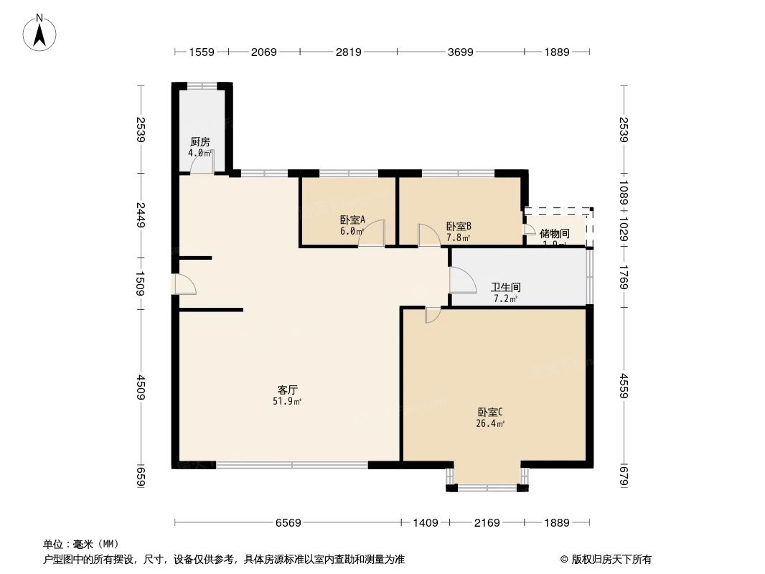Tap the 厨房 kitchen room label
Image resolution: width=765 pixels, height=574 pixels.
click(x=200, y=142)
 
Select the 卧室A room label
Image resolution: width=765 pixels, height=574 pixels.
click(x=352, y=220)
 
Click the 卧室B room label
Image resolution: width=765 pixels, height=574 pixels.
click(x=458, y=225)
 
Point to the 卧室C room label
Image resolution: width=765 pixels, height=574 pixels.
click(x=491, y=413)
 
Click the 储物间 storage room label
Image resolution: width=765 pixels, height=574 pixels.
click(x=554, y=233)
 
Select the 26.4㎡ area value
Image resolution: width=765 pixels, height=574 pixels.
click(x=492, y=424)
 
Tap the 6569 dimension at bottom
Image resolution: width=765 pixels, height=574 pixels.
click(x=288, y=522)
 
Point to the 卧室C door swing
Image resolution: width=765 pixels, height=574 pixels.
click(x=433, y=315)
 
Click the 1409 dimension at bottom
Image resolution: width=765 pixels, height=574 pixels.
click(x=425, y=522)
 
